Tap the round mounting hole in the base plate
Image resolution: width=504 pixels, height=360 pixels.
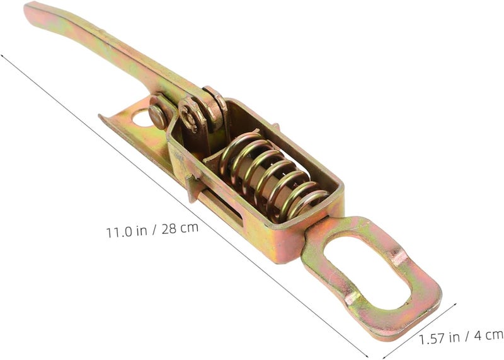tap(141, 118)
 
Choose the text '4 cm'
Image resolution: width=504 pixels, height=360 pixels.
tap(488, 335)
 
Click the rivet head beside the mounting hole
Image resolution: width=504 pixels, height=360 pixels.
tap(157, 117)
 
